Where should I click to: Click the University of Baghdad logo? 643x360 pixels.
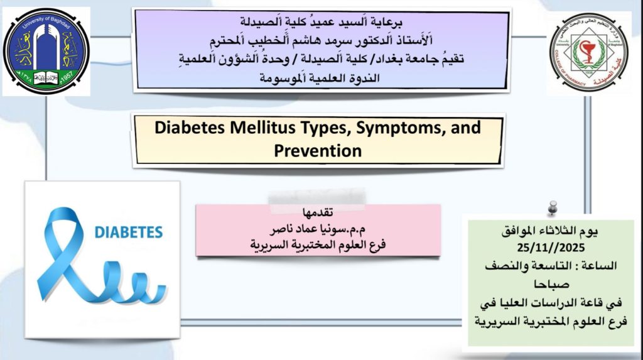tap(46, 52)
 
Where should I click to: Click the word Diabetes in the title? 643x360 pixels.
tap(190, 128)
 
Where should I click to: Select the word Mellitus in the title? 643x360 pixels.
tap(262, 128)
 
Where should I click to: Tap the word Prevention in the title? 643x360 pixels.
tap(318, 151)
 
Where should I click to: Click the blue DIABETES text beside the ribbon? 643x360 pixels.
tap(128, 232)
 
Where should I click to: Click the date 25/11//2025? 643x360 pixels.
tap(551, 248)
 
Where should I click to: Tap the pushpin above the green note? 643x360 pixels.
tap(553, 208)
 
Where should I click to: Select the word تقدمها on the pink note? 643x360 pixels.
tap(318, 212)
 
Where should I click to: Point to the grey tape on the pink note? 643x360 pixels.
tap(317, 199)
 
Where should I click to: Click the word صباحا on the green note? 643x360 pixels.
tap(551, 283)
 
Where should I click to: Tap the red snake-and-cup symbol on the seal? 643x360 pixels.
tap(588, 52)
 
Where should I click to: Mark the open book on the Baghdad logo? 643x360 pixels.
tap(46, 77)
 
